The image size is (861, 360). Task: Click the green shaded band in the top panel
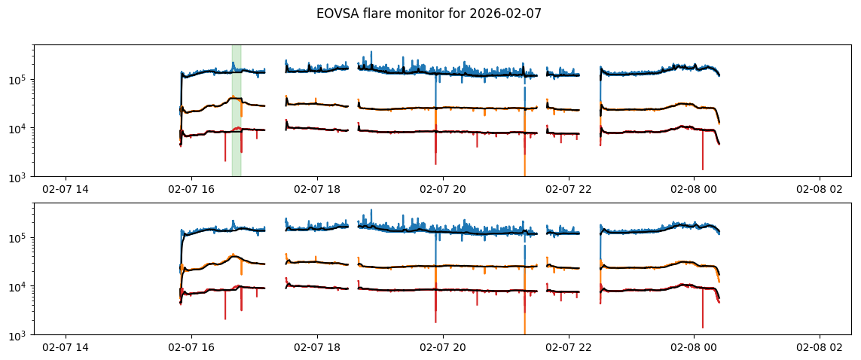(x=237, y=110)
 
